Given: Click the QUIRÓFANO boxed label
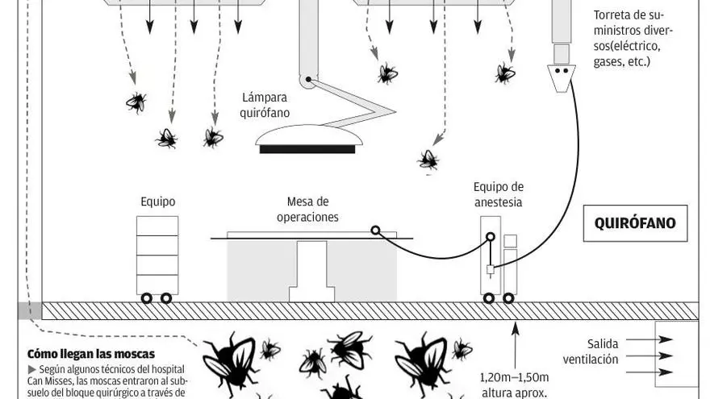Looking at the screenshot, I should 635,223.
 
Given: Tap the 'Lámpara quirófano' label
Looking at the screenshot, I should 265,106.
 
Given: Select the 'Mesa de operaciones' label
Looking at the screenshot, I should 307,210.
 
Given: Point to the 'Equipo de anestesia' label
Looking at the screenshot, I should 498,195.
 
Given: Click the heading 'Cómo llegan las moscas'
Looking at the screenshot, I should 91,354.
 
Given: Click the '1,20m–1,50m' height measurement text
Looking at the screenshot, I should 515,376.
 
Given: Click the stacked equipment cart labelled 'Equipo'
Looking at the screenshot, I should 157,255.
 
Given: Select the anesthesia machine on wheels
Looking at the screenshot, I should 498,256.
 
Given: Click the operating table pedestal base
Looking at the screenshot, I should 311,272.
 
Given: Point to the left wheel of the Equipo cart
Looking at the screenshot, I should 147,298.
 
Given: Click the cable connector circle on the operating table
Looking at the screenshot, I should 375,231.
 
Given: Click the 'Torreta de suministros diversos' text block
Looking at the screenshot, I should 633,38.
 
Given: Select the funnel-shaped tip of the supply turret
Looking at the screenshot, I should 562,76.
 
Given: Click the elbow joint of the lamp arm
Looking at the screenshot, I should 307,81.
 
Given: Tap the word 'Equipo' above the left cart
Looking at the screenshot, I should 157,202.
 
